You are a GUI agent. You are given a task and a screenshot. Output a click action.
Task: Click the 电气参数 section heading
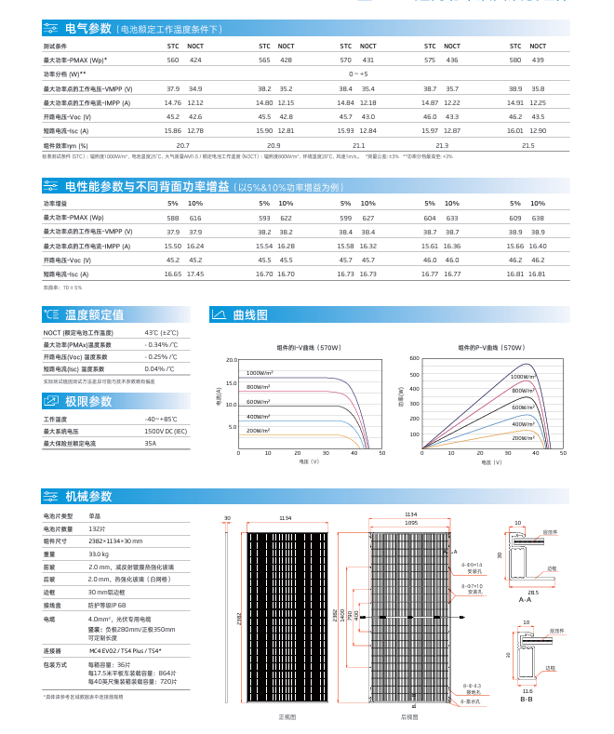click(88, 30)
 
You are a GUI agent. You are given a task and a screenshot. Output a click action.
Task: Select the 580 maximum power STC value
click(515, 60)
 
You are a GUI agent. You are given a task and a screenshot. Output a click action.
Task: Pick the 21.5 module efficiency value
click(528, 145)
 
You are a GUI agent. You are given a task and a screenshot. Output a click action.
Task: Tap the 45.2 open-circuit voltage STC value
click(173, 116)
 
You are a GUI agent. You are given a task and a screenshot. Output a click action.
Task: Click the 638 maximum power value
click(538, 217)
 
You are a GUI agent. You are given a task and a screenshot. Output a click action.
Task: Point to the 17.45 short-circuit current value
click(195, 274)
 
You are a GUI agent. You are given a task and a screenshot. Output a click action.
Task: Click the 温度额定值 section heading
click(93, 315)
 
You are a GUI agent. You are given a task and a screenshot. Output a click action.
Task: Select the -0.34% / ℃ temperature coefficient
click(161, 345)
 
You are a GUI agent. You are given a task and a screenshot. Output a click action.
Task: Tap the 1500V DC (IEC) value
click(166, 432)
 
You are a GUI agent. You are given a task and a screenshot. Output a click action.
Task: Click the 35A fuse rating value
click(151, 444)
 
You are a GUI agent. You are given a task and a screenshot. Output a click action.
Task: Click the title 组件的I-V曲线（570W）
click(309, 347)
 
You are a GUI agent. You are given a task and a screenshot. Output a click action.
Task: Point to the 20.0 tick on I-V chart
click(232, 359)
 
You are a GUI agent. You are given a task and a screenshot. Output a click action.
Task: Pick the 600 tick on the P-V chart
click(415, 358)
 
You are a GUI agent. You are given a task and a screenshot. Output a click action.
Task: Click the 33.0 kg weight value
click(99, 554)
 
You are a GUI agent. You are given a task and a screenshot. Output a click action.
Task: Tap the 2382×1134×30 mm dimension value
click(115, 540)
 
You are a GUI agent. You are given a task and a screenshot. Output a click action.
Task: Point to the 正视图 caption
click(287, 717)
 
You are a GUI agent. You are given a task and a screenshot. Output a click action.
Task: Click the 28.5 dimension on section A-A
click(533, 592)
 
